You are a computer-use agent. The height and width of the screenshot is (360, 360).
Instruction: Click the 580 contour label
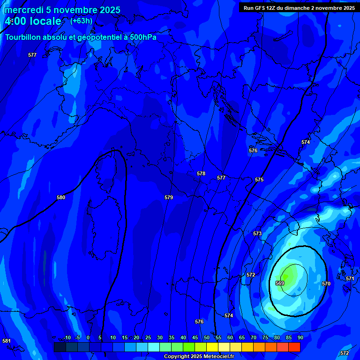61,197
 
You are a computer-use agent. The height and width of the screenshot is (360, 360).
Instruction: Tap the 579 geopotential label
169,197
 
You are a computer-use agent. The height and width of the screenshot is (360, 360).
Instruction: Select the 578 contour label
201,173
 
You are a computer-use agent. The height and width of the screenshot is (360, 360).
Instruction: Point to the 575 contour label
259,180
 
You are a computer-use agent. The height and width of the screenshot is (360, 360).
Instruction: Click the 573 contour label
257,233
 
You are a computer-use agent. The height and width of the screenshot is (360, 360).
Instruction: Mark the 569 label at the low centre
280,283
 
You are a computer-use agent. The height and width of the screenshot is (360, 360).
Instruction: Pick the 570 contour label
326,284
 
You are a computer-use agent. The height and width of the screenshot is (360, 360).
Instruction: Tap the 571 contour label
350,278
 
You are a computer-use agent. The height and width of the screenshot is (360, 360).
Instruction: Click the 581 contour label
7,341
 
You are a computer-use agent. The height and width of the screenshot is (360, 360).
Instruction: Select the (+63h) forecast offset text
81,21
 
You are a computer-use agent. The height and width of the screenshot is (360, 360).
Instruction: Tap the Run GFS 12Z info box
299,8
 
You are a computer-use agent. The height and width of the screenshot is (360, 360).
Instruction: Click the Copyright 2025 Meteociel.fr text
199,356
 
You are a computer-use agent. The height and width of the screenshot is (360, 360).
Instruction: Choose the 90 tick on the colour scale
300,337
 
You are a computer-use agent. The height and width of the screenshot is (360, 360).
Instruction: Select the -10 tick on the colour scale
67,337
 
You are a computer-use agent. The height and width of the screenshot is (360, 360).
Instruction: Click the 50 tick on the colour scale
207,337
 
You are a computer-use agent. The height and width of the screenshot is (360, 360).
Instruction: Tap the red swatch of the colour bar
294,347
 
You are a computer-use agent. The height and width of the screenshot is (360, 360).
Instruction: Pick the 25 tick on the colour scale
148,337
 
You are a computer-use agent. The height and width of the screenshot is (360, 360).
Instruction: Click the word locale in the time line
45,21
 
